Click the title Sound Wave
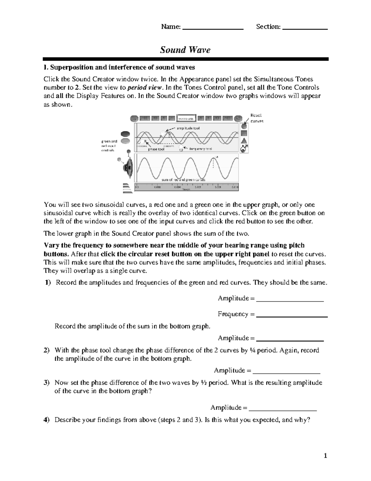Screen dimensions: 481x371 (185, 50)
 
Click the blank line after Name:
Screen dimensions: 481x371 (213, 28)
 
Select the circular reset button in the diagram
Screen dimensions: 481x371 (244, 126)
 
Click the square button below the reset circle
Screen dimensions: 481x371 (244, 133)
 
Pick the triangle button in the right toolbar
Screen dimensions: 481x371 (244, 141)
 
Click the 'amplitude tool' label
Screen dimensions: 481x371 (188, 128)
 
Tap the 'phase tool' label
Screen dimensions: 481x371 (156, 149)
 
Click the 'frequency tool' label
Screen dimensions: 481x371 (201, 149)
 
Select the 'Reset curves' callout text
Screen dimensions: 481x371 (256, 118)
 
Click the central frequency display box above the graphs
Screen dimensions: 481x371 (186, 118)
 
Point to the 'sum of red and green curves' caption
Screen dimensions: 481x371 (183, 180)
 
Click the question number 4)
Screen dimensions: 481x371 (46, 420)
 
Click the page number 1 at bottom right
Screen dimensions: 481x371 (325, 456)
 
